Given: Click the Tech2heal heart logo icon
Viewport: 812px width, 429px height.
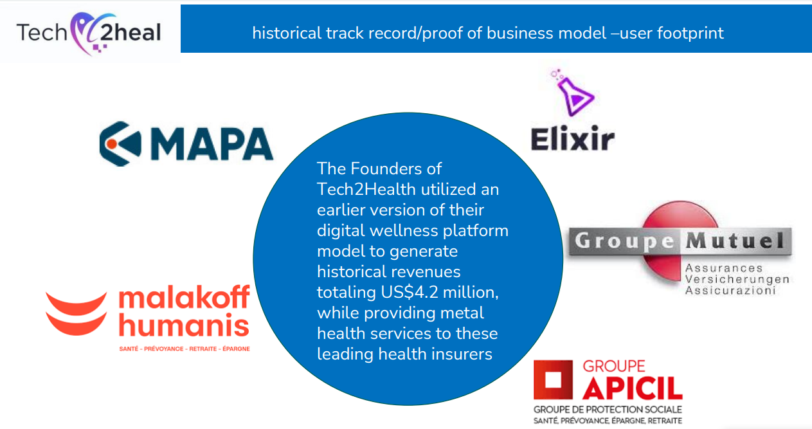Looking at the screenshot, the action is (x=91, y=33).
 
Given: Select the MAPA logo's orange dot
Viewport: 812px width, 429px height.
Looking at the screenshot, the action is (x=112, y=144).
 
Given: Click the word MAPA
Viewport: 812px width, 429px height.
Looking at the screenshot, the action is (x=212, y=144).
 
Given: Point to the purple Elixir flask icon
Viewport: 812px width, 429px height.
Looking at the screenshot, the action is (x=573, y=93).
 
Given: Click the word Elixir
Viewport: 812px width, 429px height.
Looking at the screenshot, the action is (x=573, y=138).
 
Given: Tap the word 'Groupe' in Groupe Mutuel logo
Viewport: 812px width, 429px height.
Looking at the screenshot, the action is (x=624, y=241).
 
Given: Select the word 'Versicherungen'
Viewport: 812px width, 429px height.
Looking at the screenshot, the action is (x=737, y=279).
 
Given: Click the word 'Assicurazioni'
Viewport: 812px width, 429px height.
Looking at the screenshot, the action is (x=730, y=291).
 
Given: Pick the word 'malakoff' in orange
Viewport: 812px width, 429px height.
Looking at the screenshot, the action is (x=184, y=297).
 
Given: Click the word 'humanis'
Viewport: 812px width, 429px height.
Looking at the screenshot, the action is (x=184, y=325).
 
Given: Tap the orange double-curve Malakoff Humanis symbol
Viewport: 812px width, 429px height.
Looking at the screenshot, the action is (x=76, y=314).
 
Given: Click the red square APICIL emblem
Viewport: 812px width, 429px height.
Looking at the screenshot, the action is (x=553, y=379).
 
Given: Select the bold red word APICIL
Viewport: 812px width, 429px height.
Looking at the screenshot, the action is (x=633, y=388).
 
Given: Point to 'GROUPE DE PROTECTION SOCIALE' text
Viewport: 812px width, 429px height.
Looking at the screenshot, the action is (x=608, y=410).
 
